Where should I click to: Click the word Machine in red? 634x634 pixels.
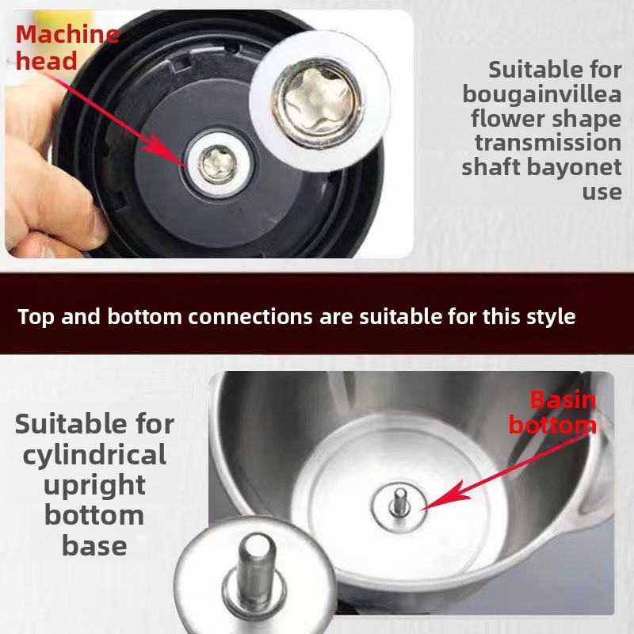(67, 34)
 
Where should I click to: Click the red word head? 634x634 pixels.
(46, 61)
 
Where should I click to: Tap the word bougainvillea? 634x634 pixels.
(542, 95)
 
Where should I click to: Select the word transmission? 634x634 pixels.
(548, 143)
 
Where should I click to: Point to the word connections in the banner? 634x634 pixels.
(250, 316)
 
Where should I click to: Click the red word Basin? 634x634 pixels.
(563, 400)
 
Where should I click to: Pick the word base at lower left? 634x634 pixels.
(94, 546)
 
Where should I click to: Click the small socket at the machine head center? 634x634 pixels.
(219, 164)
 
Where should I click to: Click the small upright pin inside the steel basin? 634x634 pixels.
(399, 503)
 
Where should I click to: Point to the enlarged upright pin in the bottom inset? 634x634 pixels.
(256, 570)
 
